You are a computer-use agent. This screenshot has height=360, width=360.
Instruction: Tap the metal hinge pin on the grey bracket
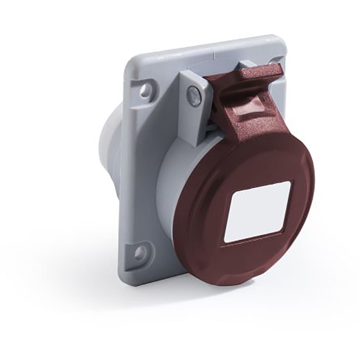pos(194,96)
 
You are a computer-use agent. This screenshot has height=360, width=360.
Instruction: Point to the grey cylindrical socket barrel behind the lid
pos(169,180)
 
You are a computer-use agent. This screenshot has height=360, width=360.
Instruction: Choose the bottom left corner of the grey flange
pos(124,279)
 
